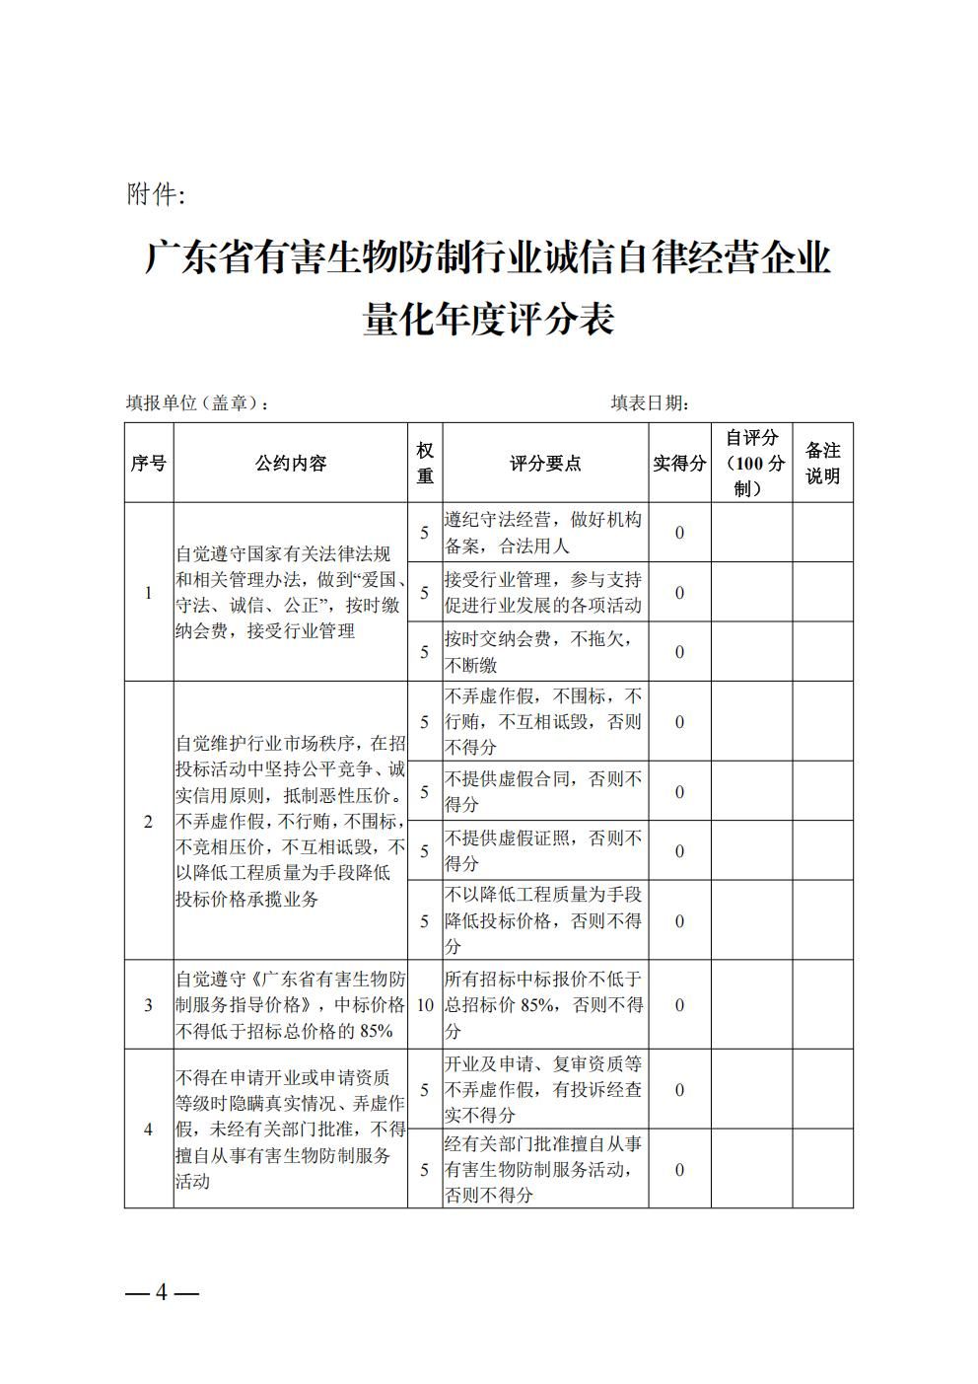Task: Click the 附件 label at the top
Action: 155,195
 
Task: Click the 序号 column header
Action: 149,463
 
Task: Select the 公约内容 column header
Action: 291,463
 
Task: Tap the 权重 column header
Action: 425,463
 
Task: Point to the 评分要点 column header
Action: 545,463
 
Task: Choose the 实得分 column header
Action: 679,463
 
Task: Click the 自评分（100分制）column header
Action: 751,463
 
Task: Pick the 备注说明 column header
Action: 822,463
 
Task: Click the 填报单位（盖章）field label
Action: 197,403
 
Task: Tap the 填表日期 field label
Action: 649,403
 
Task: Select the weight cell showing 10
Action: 425,1005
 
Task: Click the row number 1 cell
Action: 149,593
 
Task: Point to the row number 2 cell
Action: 149,821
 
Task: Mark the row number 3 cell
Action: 149,1005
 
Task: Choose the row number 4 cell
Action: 149,1129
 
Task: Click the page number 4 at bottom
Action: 163,1292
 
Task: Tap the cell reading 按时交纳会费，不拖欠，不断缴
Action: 545,651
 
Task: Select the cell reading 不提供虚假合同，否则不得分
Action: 545,791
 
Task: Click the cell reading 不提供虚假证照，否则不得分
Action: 545,850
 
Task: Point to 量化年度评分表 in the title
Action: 488,320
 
